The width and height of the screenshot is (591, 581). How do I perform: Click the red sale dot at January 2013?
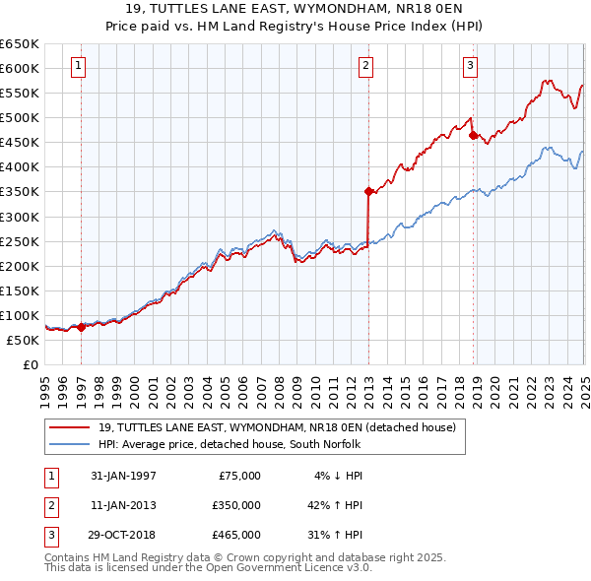click(x=368, y=191)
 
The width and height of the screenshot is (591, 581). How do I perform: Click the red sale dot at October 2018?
click(x=474, y=135)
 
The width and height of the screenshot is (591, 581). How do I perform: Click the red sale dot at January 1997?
click(x=82, y=328)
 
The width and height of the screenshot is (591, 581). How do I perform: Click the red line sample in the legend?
click(x=69, y=428)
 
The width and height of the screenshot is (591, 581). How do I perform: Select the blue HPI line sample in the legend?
click(x=69, y=445)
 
